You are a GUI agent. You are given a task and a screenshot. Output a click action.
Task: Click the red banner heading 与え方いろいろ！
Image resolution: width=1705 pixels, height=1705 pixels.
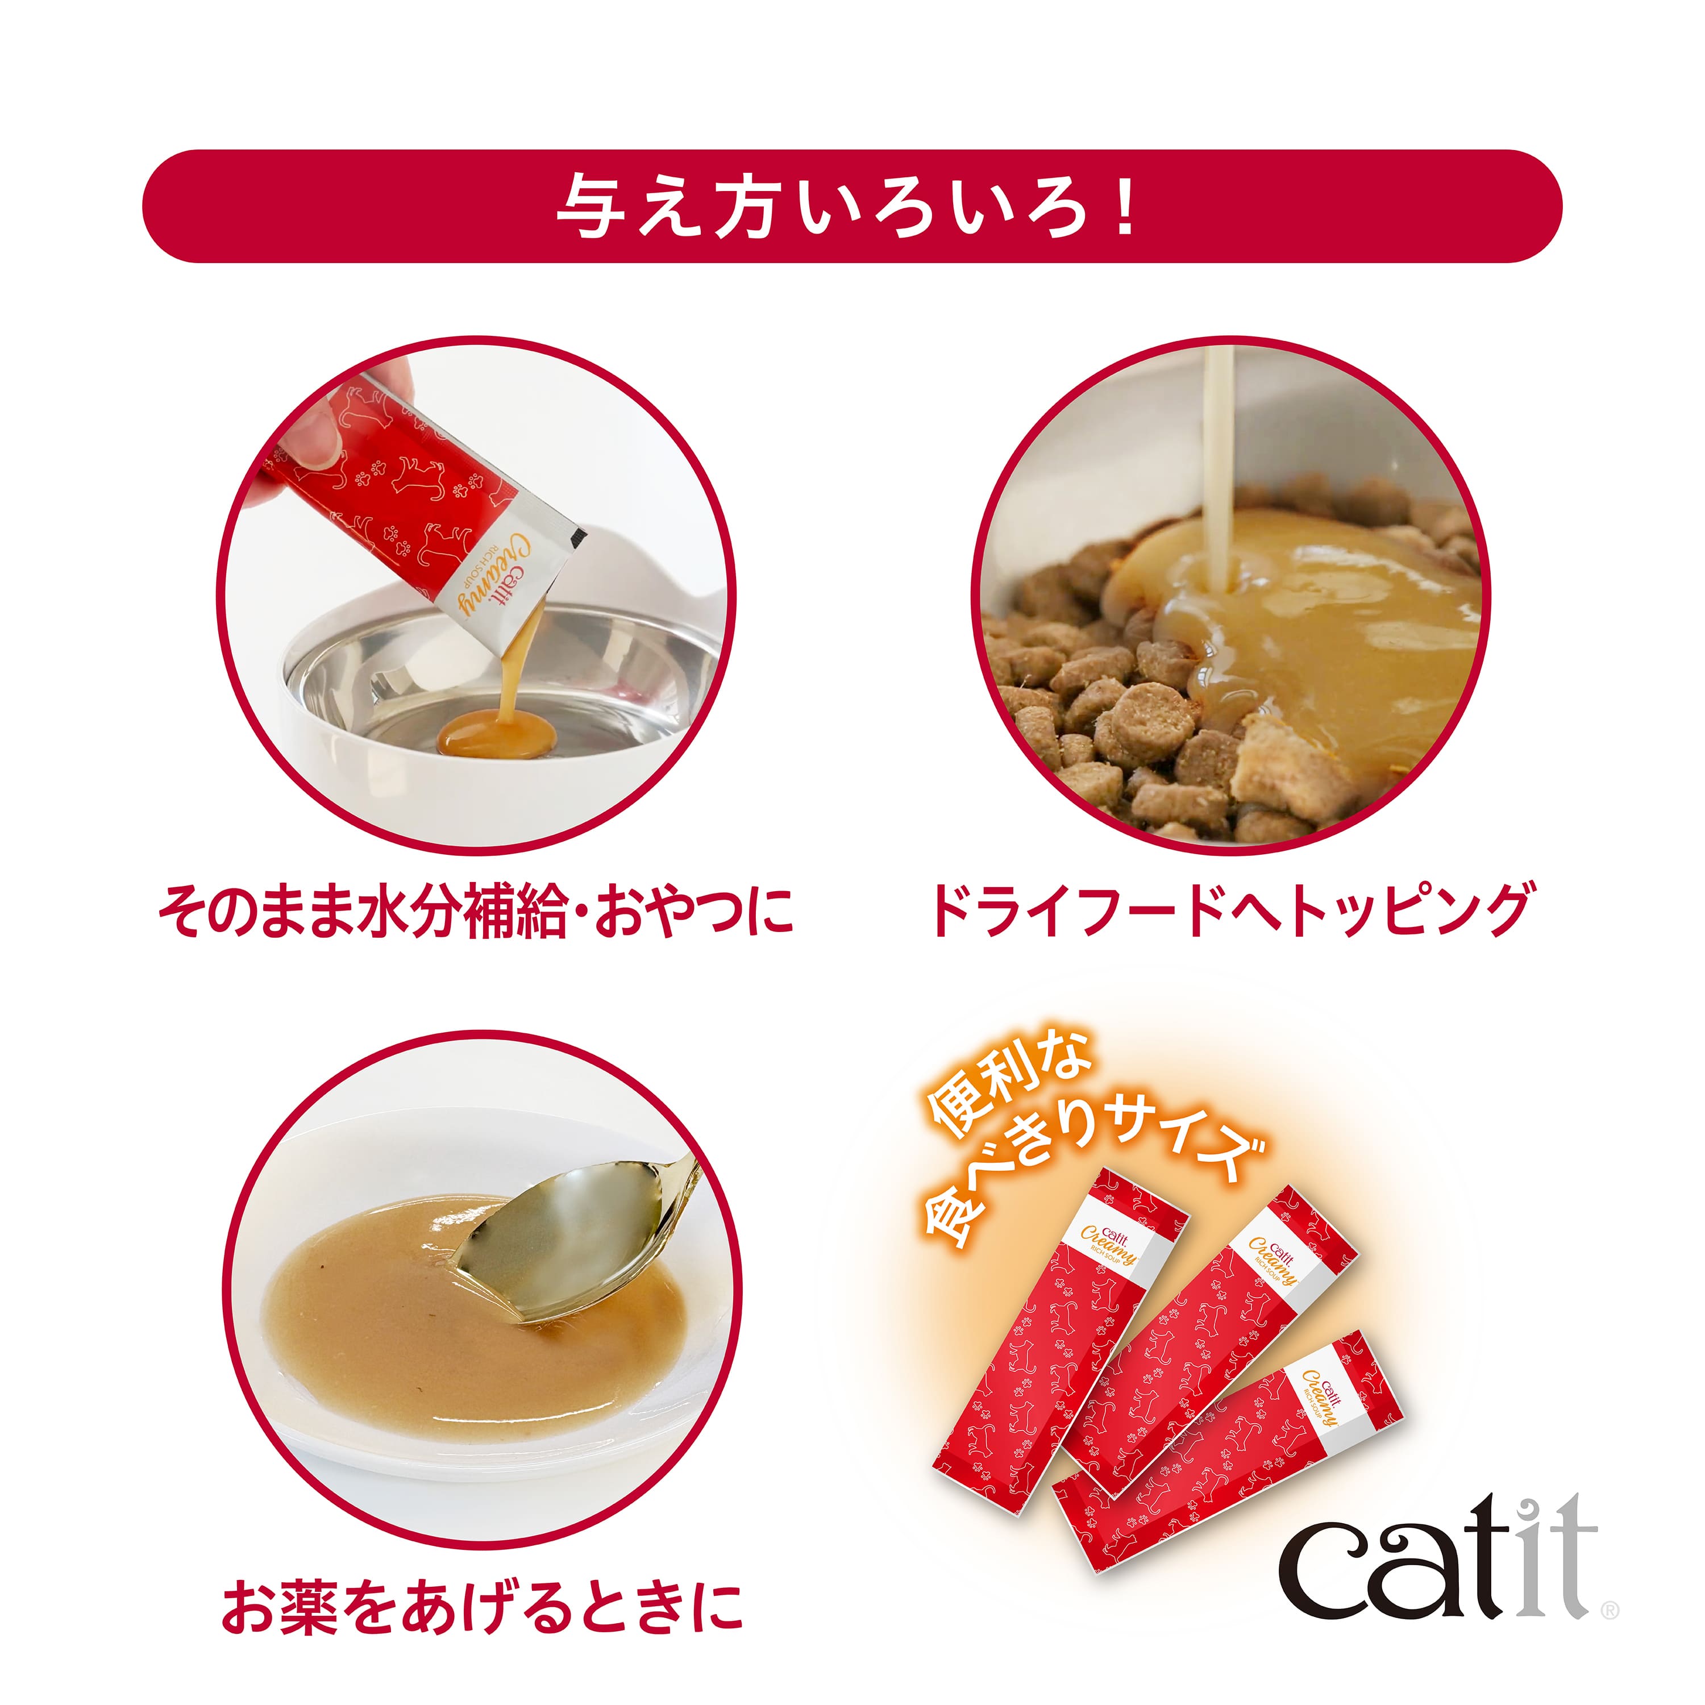[851, 206]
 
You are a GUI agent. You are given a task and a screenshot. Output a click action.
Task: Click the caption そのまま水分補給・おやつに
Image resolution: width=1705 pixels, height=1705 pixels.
[477, 910]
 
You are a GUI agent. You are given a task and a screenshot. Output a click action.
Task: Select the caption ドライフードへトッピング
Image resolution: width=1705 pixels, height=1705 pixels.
[1230, 910]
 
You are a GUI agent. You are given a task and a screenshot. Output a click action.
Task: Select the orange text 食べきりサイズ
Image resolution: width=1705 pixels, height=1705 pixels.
[1094, 1165]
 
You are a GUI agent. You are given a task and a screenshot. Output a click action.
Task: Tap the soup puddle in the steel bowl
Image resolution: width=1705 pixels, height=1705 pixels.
[496, 735]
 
